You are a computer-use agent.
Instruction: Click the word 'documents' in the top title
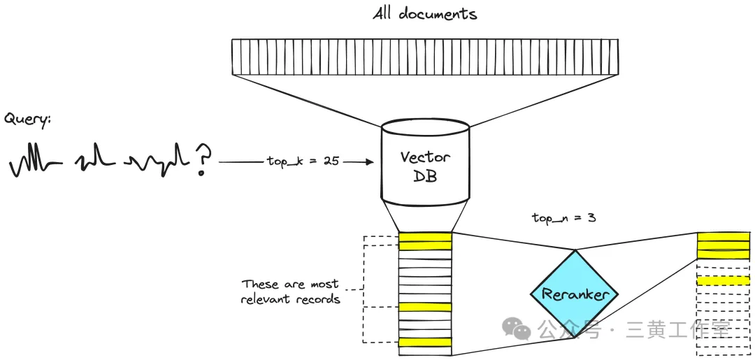coord(438,14)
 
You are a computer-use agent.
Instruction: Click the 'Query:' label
coord(28,119)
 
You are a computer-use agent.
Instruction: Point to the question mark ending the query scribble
coord(203,160)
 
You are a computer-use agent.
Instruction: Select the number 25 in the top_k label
coord(331,161)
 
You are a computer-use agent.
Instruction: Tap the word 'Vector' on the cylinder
coord(425,157)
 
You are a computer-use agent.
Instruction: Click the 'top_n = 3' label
coord(564,217)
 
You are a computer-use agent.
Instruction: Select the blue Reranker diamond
coord(575,294)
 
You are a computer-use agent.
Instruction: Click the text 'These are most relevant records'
coord(290,291)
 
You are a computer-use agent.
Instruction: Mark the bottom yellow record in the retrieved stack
coord(425,343)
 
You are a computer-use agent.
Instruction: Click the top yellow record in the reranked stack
coord(723,237)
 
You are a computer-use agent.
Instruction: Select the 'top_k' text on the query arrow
coord(281,161)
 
